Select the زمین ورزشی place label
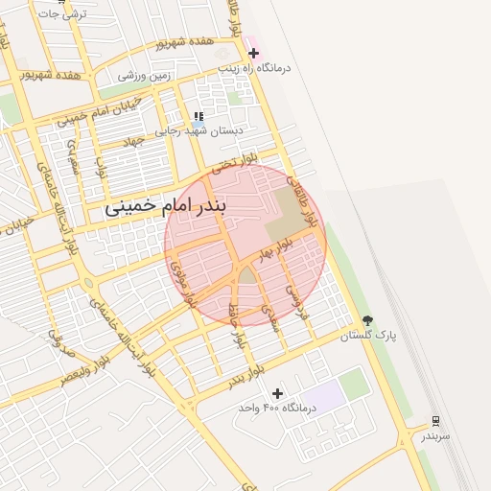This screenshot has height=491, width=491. pos(146,74)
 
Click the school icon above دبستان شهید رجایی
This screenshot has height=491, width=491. pos(199,116)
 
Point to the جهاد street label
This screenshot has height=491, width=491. pos(133,140)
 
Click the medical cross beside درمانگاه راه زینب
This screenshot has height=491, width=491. pos(253,53)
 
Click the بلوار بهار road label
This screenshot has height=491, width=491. pos(274,251)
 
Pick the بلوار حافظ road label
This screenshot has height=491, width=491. pos(235,323)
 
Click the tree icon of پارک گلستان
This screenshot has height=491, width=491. pos(368,321)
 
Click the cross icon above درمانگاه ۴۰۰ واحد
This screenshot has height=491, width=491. pos(278,393)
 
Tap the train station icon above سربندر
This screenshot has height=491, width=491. pos(436,420)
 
